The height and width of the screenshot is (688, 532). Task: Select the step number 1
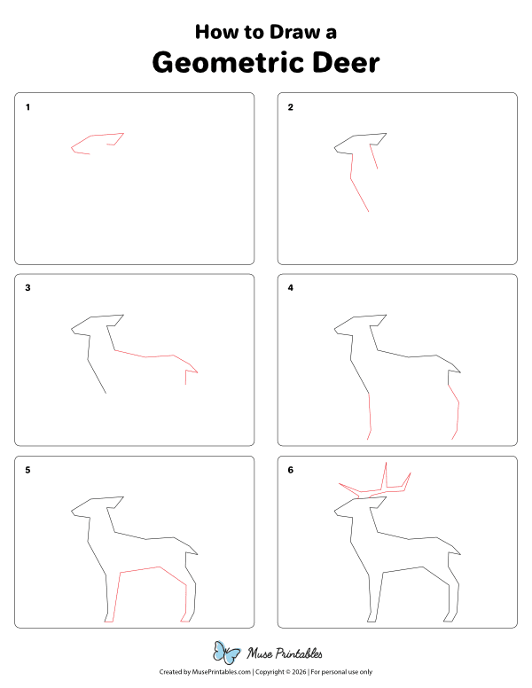(x=27, y=107)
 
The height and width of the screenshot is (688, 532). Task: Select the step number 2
(x=290, y=107)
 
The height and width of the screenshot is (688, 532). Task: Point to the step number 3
(x=27, y=287)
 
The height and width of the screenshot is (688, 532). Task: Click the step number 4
(x=290, y=287)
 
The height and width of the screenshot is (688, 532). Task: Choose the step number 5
(x=27, y=470)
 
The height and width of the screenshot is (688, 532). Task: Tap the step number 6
(x=290, y=470)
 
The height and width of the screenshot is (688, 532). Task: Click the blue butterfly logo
(x=228, y=653)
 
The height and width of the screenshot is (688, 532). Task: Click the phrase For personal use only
(x=340, y=673)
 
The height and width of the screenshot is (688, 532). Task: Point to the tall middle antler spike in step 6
(x=386, y=474)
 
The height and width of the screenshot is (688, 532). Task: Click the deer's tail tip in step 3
(x=197, y=373)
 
